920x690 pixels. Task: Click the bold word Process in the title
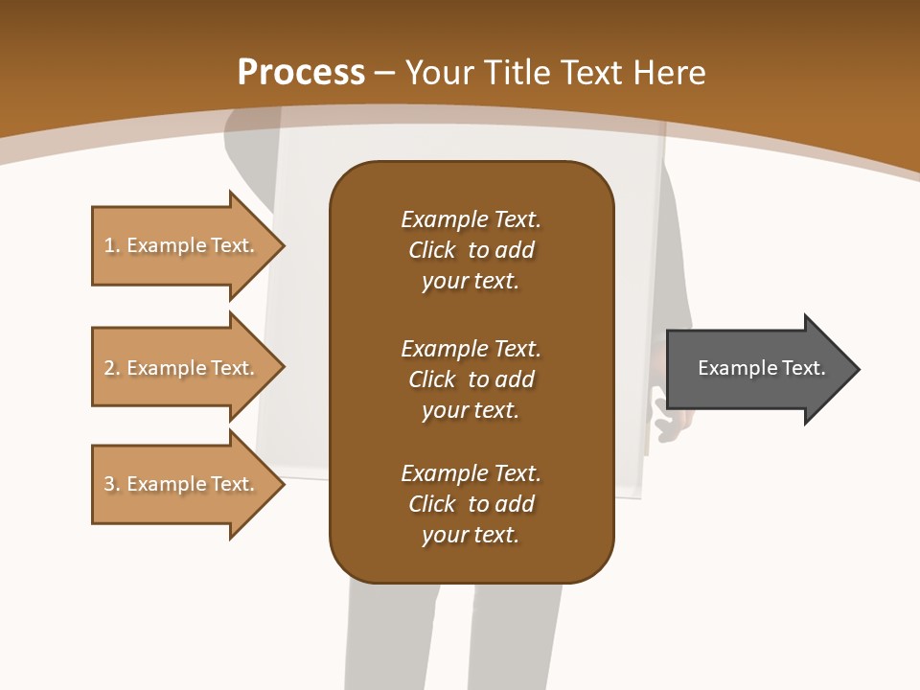pyautogui.click(x=301, y=73)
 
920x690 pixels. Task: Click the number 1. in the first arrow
pyautogui.click(x=111, y=246)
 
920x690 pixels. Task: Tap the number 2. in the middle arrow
pyautogui.click(x=111, y=368)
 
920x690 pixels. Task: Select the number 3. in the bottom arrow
pyautogui.click(x=111, y=484)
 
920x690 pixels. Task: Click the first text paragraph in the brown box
pyautogui.click(x=471, y=250)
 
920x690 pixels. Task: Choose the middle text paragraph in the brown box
pyautogui.click(x=471, y=379)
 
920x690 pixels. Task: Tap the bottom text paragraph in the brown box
pyautogui.click(x=471, y=504)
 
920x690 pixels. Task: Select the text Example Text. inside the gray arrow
pyautogui.click(x=761, y=368)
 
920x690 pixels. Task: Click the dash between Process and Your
pyautogui.click(x=385, y=73)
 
